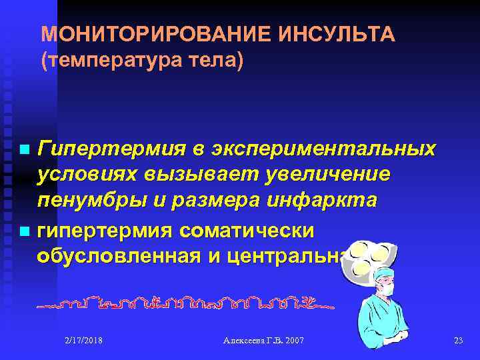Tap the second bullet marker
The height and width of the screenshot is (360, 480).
[25, 232]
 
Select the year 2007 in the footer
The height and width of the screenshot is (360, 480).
[293, 341]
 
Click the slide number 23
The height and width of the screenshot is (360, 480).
[457, 341]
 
